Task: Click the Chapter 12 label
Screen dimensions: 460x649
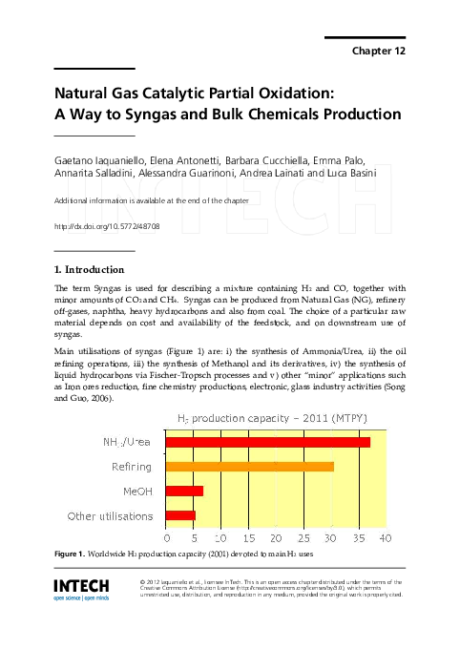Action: pos(379,50)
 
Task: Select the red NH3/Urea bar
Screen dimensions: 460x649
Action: pos(268,442)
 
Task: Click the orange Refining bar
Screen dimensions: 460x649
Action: pos(250,466)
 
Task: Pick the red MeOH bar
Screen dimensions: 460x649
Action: pos(185,491)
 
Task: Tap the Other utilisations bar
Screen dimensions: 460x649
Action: pos(181,515)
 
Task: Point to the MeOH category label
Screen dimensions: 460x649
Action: pos(136,491)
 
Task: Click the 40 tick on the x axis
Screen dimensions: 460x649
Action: pos(386,538)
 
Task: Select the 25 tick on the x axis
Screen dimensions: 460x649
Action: pos(303,538)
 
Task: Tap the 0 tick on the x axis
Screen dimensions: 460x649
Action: pos(167,538)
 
